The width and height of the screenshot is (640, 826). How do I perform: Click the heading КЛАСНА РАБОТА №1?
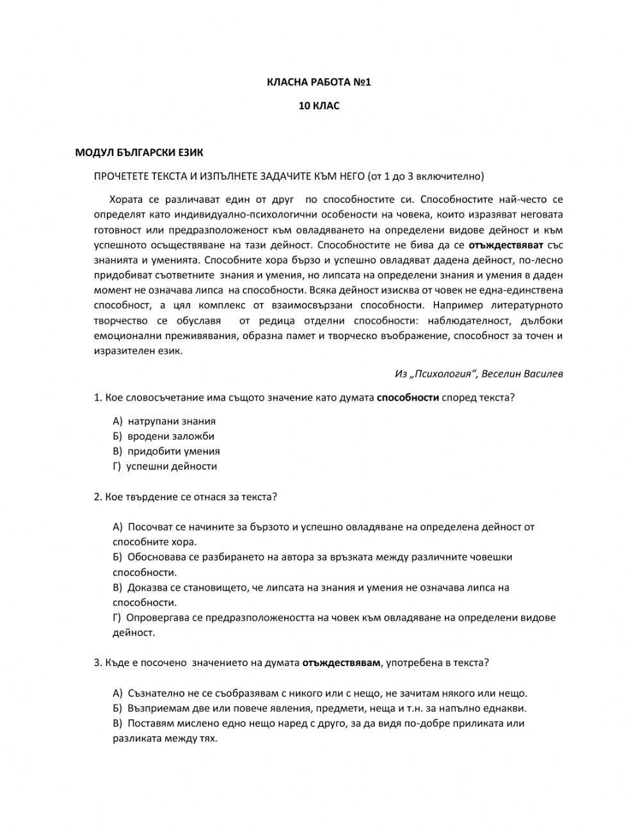coord(319,83)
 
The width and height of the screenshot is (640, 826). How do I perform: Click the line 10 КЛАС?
coord(319,106)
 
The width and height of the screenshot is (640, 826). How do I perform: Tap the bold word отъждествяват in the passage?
coord(506,245)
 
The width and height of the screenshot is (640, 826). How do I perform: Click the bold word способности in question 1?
coord(408,397)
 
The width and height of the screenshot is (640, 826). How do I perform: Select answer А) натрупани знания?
coord(164,421)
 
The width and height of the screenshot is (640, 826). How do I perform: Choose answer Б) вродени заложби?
coord(163,436)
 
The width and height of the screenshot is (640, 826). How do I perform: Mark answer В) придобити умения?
coord(166,451)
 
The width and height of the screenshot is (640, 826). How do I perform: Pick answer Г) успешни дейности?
coord(165,466)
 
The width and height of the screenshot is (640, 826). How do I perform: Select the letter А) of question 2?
coord(117,527)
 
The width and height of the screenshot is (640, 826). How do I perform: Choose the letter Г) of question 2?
coord(116,618)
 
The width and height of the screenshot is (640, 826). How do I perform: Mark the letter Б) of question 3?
coord(117,708)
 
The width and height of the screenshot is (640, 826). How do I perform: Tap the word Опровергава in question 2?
coord(157,618)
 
